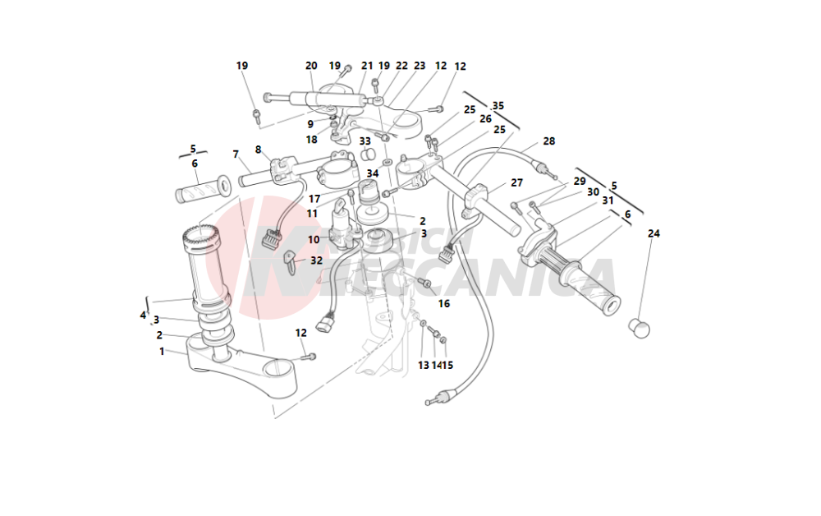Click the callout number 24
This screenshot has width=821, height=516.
(x=654, y=233)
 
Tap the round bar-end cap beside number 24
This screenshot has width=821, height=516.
(x=639, y=328)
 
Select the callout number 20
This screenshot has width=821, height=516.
(x=311, y=66)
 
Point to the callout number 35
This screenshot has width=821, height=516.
(x=498, y=105)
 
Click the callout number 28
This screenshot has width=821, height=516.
(x=548, y=141)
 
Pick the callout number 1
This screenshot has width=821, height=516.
(x=162, y=351)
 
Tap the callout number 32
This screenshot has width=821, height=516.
(x=316, y=260)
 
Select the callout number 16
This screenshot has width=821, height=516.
(x=444, y=303)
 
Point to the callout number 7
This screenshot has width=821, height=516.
(x=236, y=154)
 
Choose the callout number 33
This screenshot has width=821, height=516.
(x=365, y=141)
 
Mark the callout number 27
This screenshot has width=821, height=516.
(x=516, y=183)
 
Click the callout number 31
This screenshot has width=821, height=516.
(x=608, y=200)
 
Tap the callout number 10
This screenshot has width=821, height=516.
(x=314, y=240)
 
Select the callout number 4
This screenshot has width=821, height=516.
(x=143, y=315)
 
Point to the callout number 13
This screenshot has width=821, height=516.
(x=424, y=365)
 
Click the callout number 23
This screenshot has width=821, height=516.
(x=420, y=66)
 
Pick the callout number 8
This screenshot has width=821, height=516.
(x=258, y=150)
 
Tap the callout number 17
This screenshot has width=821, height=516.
(x=314, y=199)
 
